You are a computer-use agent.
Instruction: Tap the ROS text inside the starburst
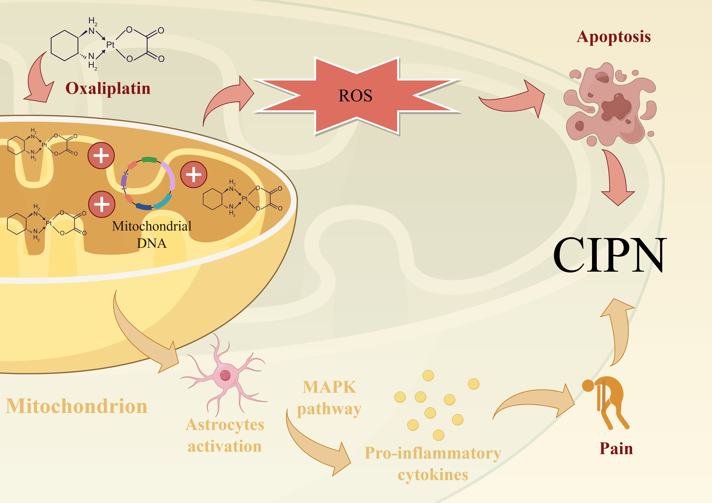coord(355,96)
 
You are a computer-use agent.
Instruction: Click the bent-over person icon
coord(605,403)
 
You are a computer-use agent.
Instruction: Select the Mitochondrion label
coord(76,406)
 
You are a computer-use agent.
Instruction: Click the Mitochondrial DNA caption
coord(152,234)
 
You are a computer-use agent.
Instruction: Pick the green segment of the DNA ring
coord(149,160)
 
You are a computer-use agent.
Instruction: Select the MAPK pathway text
coord(329,398)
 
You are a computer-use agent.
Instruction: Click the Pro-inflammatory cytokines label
coord(433,464)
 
